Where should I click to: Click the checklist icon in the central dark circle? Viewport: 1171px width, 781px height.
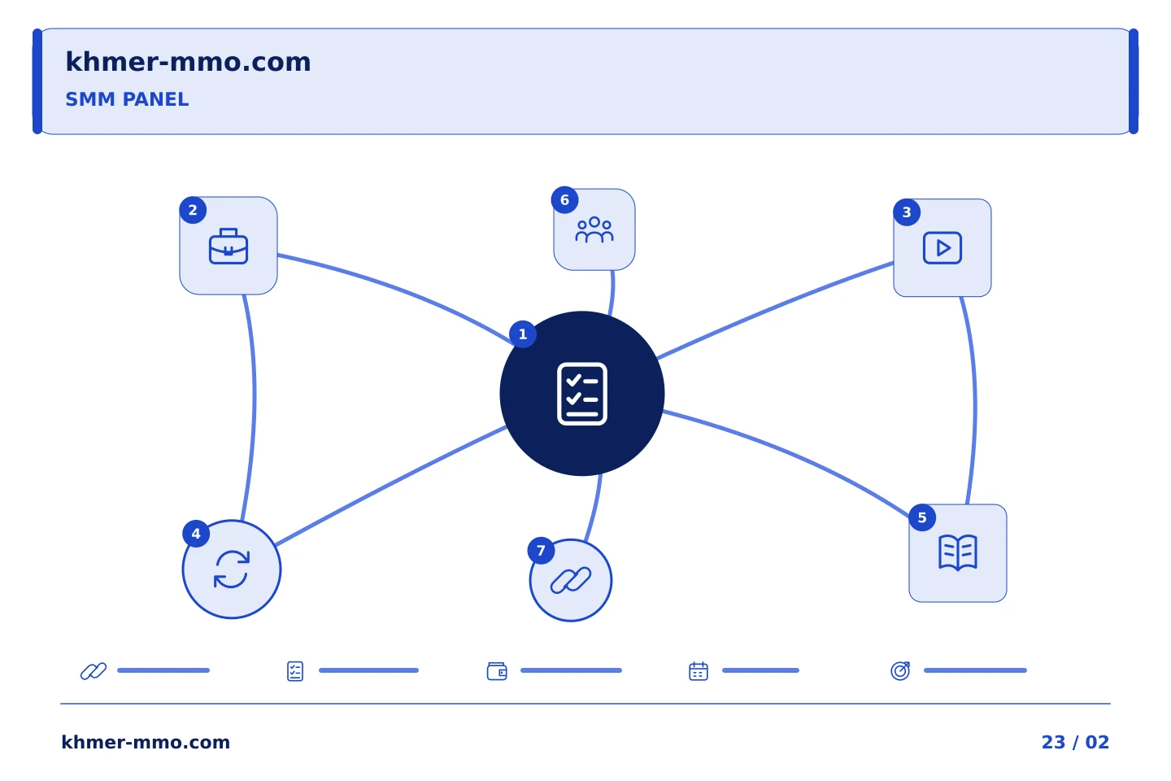coord(582,394)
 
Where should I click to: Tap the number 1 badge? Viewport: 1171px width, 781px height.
coord(522,334)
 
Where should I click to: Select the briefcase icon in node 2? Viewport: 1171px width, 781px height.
coord(229,246)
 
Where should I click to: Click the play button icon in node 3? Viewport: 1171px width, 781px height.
coord(942,247)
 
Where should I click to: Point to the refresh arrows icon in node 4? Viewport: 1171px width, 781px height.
coord(232,569)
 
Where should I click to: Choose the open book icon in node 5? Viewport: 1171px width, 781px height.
coord(958,552)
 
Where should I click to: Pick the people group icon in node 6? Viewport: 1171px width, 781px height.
coord(594,229)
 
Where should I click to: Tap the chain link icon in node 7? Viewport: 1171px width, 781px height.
coord(571,580)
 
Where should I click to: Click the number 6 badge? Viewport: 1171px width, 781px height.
coord(564,199)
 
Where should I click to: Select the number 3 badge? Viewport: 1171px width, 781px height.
coord(907,212)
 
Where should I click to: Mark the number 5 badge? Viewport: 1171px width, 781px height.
coord(922,517)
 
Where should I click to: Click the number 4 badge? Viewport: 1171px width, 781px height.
coord(196,534)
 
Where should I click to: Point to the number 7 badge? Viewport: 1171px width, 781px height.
coord(541,550)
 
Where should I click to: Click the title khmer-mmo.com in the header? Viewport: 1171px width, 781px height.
coord(188,62)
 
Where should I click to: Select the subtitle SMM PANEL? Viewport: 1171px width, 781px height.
coord(127,99)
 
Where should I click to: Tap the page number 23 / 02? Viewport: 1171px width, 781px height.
coord(1075,742)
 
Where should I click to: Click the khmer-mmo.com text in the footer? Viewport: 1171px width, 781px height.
coord(146,742)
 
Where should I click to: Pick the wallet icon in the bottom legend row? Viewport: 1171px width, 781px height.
coord(497,671)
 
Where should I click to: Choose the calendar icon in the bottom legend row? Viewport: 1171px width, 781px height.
coord(699,671)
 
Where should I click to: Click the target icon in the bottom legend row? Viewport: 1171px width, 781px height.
coord(900,670)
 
